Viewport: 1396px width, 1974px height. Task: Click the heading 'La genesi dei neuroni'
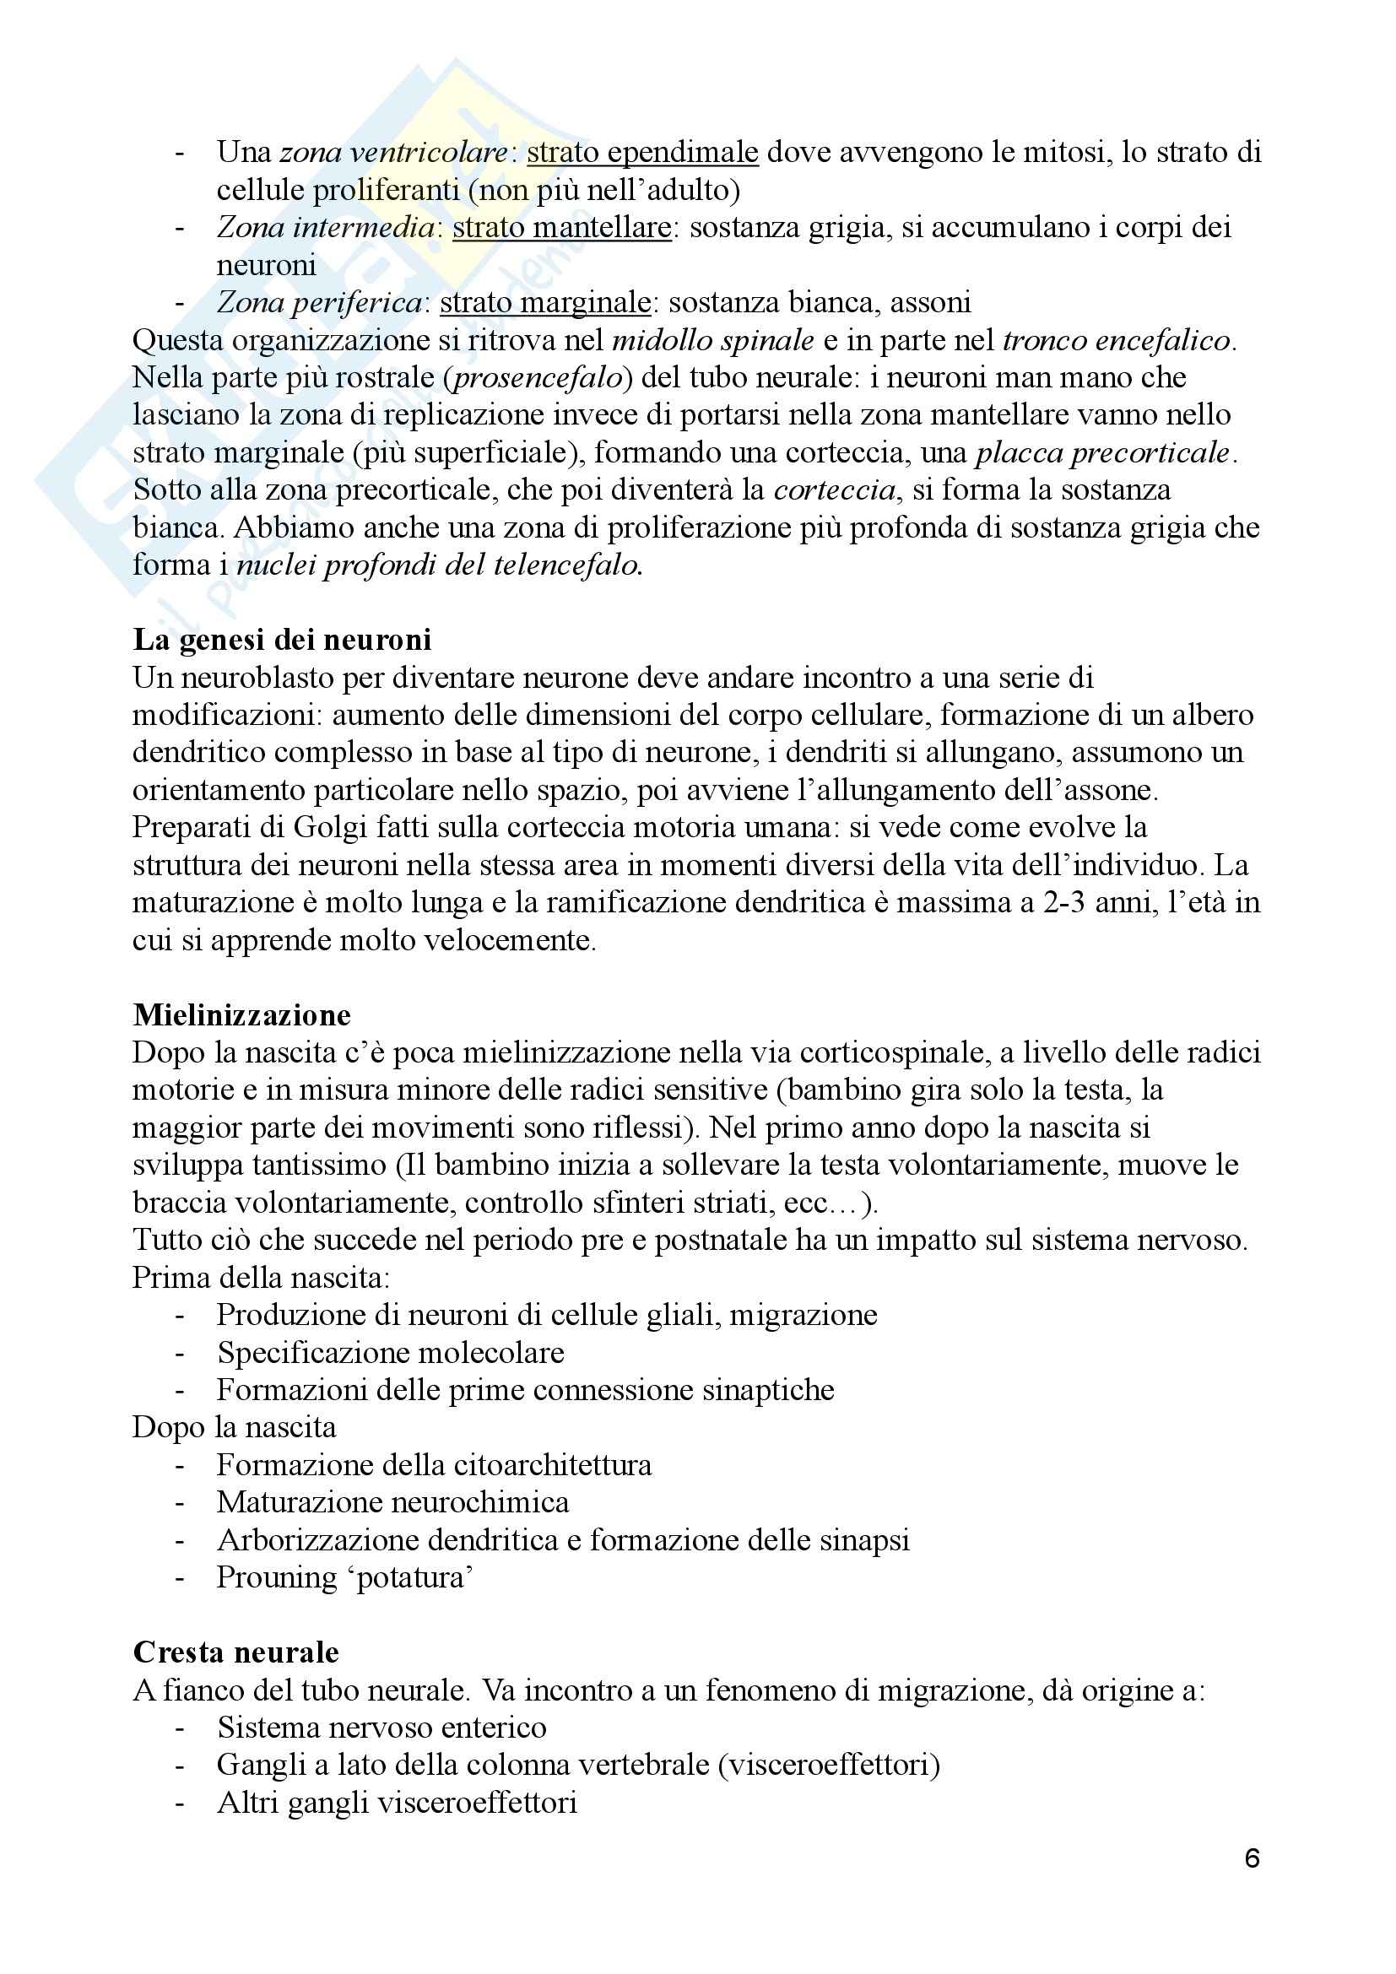pos(282,641)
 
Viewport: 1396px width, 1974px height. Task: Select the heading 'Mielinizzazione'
pos(241,1015)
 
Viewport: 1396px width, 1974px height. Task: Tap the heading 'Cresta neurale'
pos(235,1652)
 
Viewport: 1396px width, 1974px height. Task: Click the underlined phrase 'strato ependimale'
pos(642,153)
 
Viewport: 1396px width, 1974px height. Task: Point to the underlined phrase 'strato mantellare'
pos(561,228)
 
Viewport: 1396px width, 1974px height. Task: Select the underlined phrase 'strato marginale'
pos(545,303)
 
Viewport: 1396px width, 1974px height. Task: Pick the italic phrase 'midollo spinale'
pos(712,340)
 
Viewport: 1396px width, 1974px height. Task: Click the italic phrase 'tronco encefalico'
pos(1117,340)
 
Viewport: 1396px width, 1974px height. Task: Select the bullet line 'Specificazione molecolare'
pos(390,1352)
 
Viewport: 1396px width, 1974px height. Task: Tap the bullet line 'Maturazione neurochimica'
pos(392,1502)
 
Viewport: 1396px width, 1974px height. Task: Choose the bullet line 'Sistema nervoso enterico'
pos(381,1728)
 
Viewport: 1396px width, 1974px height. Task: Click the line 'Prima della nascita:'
pos(262,1278)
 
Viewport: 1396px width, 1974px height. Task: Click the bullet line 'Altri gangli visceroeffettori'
pos(397,1802)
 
